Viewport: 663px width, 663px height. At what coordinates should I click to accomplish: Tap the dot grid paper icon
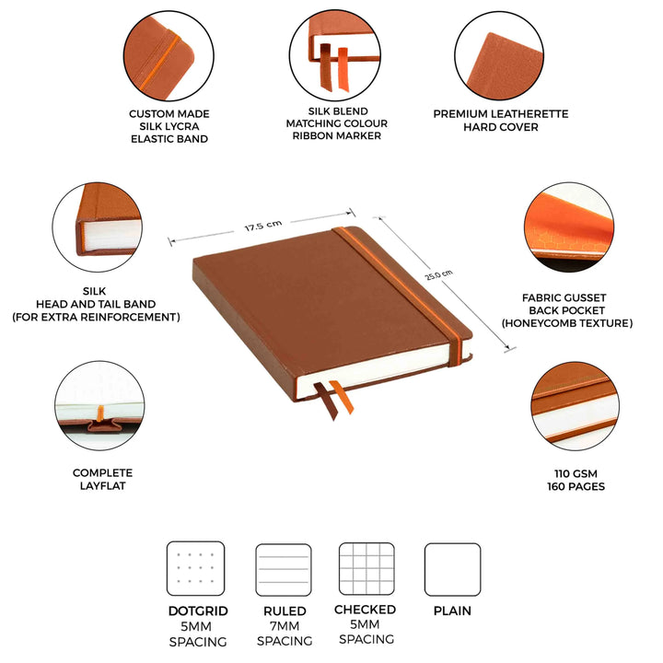coord(195,569)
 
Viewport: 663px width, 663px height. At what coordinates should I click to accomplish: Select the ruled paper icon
coord(284,570)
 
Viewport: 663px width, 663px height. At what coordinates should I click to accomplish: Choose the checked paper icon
coord(366,569)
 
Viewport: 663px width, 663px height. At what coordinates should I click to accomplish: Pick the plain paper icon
coord(452,570)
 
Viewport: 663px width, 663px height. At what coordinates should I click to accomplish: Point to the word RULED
coord(285,611)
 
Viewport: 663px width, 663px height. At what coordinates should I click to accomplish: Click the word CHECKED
coord(366,610)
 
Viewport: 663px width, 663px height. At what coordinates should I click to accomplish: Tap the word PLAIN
coord(452,611)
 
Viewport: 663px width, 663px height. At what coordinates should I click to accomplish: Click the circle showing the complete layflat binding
coord(98,405)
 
